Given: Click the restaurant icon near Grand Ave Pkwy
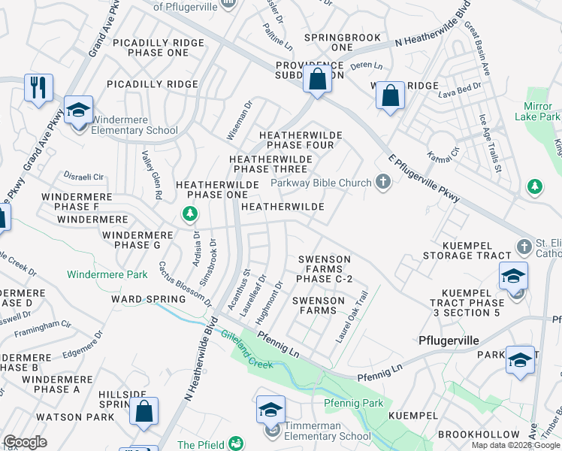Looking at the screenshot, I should point(38,87).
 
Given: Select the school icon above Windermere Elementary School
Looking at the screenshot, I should point(78,110).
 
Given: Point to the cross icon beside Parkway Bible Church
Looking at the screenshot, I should point(383,181).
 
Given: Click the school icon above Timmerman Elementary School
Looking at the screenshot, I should point(270,410).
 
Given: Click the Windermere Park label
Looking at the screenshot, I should point(107,274).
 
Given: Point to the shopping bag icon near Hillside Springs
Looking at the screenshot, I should point(144,411).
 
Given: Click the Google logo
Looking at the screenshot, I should point(25,442).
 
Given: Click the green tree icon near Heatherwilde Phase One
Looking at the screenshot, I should point(191,216).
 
